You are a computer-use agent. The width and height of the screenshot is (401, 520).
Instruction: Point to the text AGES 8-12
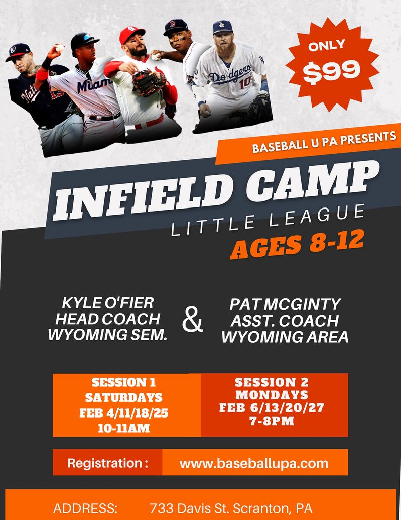pyautogui.click(x=297, y=244)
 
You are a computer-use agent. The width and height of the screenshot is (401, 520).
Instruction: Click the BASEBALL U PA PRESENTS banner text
pyautogui.click(x=324, y=142)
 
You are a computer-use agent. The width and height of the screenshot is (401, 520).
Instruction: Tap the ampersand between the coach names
pyautogui.click(x=192, y=320)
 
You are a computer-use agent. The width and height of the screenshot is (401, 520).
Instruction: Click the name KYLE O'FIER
pyautogui.click(x=108, y=303)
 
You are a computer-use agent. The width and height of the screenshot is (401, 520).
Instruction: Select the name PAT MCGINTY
pyautogui.click(x=285, y=304)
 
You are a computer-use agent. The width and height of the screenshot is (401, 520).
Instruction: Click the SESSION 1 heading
pyautogui.click(x=123, y=382)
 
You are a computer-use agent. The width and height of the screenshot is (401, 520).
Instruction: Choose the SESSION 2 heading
pyautogui.click(x=272, y=382)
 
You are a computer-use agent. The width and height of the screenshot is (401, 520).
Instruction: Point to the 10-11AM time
pyautogui.click(x=123, y=428)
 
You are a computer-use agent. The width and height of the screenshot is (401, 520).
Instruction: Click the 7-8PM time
pyautogui.click(x=272, y=421)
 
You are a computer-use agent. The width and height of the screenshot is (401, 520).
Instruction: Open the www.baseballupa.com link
pyautogui.click(x=254, y=463)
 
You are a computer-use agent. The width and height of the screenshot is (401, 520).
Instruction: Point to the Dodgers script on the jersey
pyautogui.click(x=230, y=73)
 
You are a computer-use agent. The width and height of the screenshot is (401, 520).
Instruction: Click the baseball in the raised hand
pyautogui.click(x=60, y=47)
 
